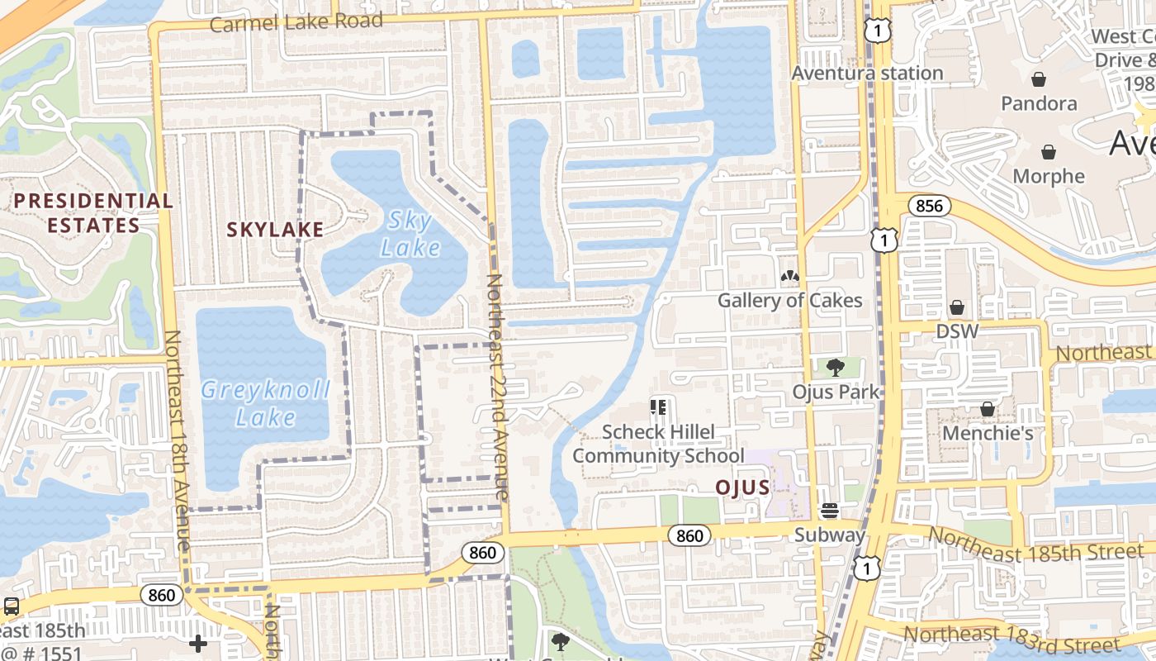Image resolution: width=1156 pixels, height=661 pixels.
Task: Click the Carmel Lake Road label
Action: click(296, 21)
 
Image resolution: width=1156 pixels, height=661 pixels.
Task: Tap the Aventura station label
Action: click(867, 73)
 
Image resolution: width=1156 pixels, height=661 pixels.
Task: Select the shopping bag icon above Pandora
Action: click(1039, 79)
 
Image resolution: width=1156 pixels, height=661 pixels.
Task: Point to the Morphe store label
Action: click(1049, 176)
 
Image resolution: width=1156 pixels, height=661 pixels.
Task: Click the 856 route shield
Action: click(929, 206)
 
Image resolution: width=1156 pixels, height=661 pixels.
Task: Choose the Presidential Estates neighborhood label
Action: click(93, 212)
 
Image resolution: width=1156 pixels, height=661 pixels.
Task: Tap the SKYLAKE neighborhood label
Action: click(275, 230)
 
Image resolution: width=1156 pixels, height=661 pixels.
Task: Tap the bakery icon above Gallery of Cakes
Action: click(789, 276)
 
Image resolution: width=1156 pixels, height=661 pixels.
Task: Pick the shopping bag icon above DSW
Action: click(957, 307)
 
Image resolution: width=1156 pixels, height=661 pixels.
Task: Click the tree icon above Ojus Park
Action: click(836, 368)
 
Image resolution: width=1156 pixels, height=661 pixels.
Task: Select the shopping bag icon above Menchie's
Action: click(987, 409)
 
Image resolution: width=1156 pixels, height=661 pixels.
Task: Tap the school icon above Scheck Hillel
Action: click(658, 407)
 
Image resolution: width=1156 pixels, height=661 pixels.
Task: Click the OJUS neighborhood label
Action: click(742, 487)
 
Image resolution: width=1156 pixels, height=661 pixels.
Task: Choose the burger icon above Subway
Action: click(830, 511)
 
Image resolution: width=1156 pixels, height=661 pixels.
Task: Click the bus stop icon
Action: click(12, 606)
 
